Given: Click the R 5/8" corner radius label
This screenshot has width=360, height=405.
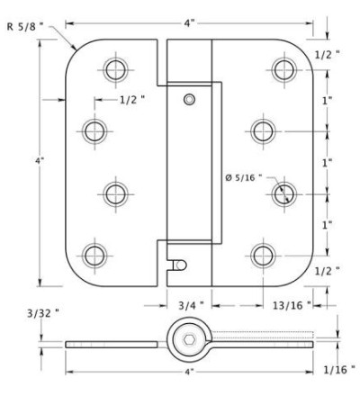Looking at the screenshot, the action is point(25,27).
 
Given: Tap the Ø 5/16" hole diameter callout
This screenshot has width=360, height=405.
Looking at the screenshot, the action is point(244,178).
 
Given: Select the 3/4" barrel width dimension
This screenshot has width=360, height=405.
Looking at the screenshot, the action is point(191,306).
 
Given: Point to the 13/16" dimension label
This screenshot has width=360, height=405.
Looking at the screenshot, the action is point(292,306).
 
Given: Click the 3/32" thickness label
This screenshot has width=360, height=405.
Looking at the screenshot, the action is point(43,313).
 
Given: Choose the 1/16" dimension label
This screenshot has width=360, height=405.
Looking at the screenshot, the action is point(339,370).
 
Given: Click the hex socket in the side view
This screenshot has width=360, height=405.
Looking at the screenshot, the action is point(189,340).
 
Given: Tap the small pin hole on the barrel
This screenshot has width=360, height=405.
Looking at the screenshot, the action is point(189,99).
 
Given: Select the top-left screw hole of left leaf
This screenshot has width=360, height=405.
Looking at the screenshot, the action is point(116,70).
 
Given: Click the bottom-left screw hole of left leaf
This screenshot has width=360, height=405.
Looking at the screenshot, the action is point(94,256).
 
